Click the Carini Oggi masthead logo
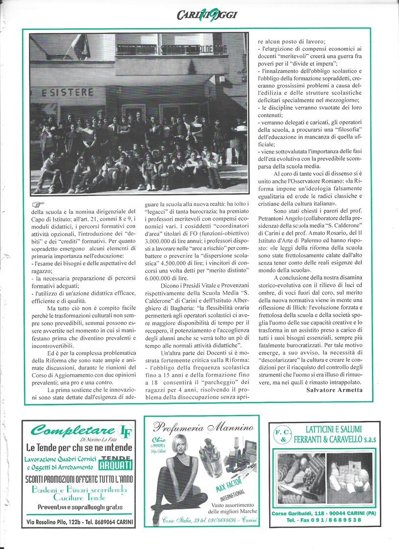tap(207, 15)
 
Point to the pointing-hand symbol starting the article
tap(38, 204)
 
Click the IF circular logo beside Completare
tap(126, 431)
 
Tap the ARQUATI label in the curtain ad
tap(116, 463)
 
